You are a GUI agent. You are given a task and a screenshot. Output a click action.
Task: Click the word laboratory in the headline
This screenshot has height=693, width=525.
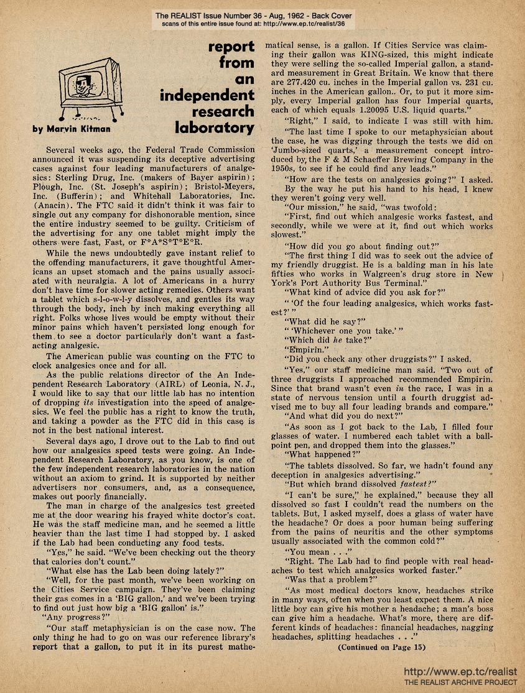(x=215, y=129)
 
